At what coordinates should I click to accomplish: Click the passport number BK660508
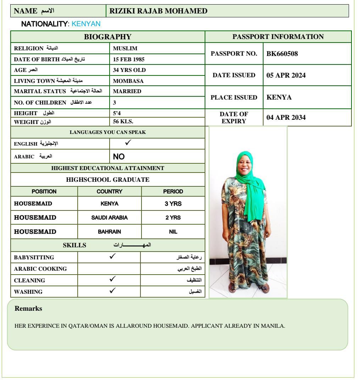(x=282, y=54)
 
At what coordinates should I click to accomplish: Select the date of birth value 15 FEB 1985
(x=128, y=59)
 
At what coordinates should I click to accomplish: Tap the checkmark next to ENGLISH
(x=128, y=143)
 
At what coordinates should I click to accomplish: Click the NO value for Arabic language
(x=119, y=157)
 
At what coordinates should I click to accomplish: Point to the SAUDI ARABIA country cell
(x=109, y=218)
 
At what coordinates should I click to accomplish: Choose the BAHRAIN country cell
(x=109, y=232)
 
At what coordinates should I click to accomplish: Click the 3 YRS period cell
(x=173, y=204)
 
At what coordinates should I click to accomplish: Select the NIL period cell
(x=173, y=232)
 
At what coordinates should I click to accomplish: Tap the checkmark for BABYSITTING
(x=112, y=257)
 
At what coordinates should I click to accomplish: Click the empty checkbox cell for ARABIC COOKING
(x=109, y=269)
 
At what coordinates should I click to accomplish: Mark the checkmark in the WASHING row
(x=112, y=291)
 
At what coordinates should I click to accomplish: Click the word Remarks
(x=28, y=309)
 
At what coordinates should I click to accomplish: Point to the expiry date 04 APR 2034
(x=286, y=118)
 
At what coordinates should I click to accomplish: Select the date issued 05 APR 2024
(x=286, y=75)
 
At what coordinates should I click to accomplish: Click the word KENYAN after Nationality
(x=86, y=24)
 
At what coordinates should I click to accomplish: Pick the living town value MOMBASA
(x=128, y=81)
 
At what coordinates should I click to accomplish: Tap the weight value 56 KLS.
(x=123, y=122)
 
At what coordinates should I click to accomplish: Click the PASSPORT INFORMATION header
(x=278, y=37)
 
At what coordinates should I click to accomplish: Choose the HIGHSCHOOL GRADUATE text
(x=108, y=180)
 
